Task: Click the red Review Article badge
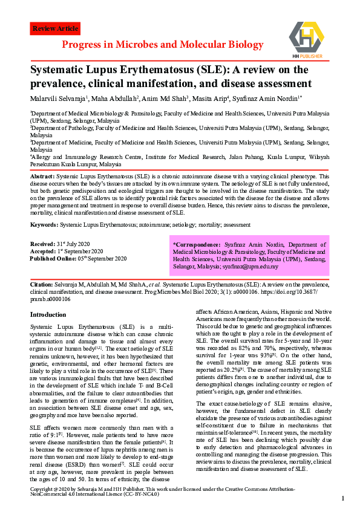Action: tap(55, 28)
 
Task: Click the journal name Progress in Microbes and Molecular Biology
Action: tap(162, 45)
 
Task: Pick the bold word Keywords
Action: tap(44, 224)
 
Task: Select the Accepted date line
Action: tap(67, 251)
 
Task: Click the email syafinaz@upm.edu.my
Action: tap(251, 267)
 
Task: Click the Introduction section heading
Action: tap(48, 314)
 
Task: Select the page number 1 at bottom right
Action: tap(343, 498)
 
